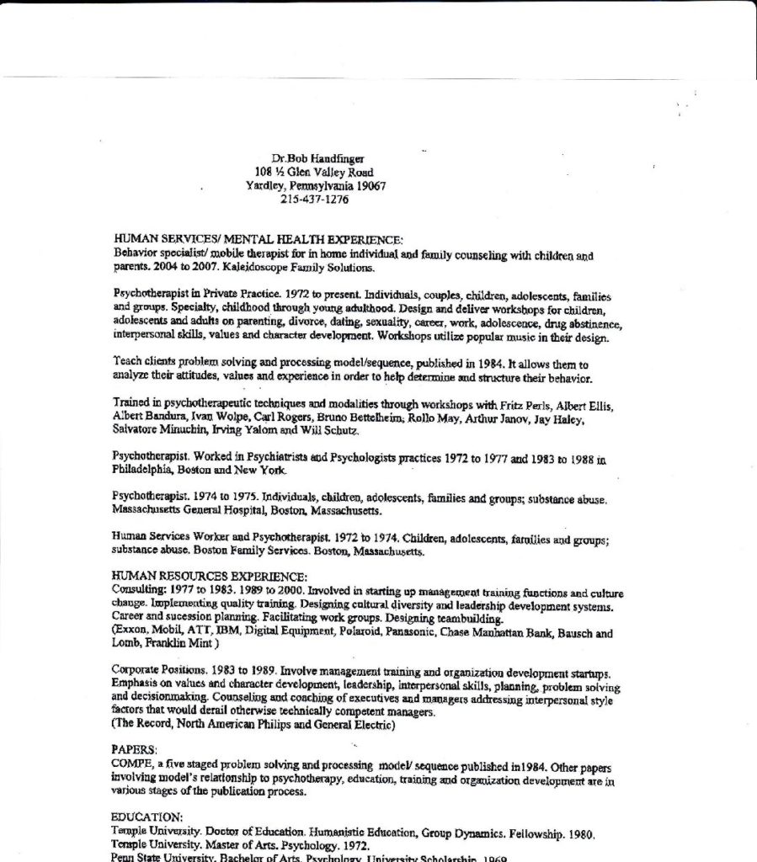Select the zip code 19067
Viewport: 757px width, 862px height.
(370, 186)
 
